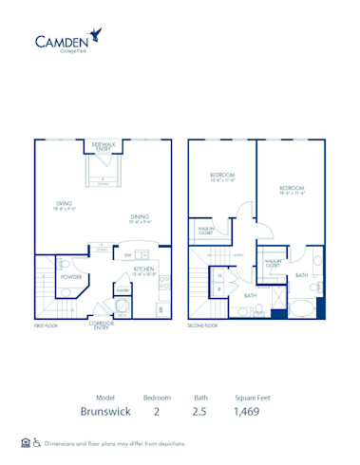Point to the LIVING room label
(65, 206)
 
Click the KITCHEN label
(144, 270)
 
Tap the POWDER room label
(72, 278)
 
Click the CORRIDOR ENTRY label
(102, 325)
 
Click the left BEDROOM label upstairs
(222, 177)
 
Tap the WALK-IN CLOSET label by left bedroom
(206, 230)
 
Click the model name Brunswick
(106, 413)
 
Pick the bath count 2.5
(201, 413)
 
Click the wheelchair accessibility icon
(37, 442)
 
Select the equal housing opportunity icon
(25, 442)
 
